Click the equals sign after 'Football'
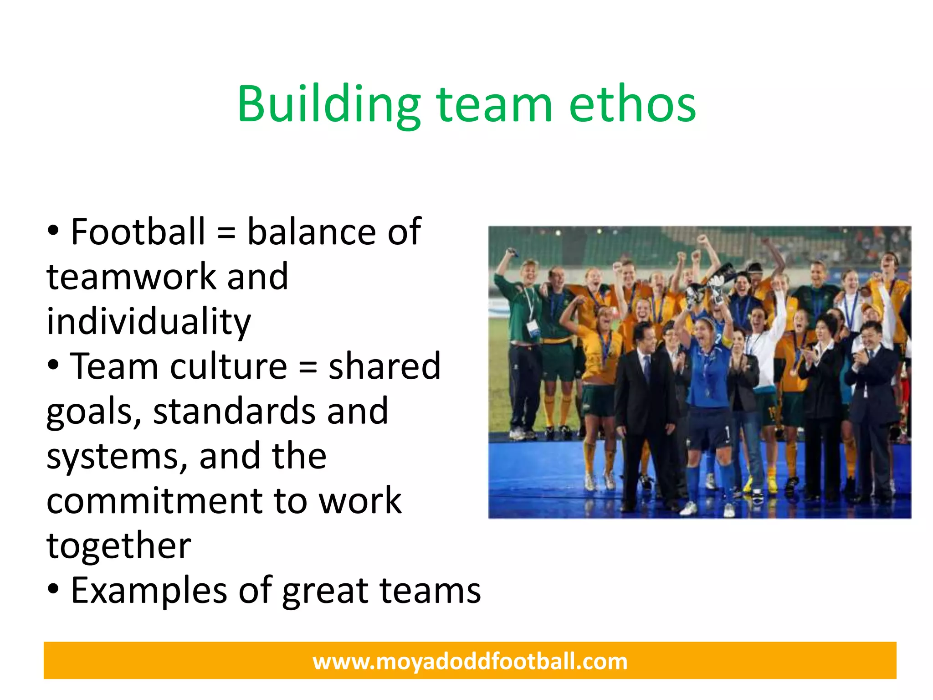(226, 233)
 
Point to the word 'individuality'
(149, 321)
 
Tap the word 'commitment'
(155, 500)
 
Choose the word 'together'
(118, 546)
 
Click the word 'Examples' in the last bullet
(149, 591)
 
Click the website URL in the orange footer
(470, 661)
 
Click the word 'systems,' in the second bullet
(117, 456)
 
